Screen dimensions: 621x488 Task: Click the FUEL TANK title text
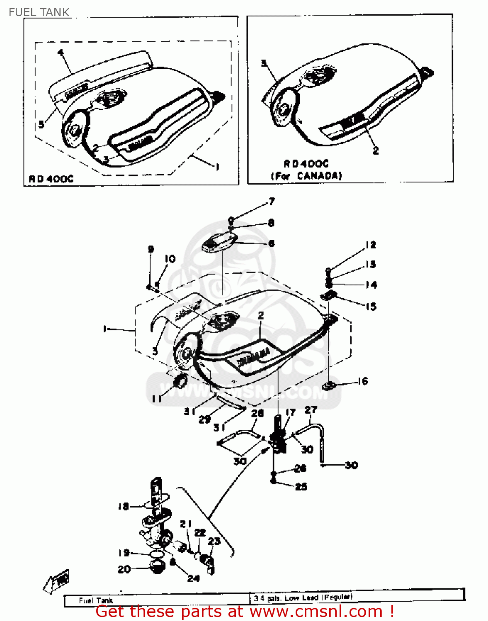pyautogui.click(x=39, y=12)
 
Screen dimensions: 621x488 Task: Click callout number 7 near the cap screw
pyautogui.click(x=272, y=202)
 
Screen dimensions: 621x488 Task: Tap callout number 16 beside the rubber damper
pyautogui.click(x=363, y=381)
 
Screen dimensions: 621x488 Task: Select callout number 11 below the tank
pyautogui.click(x=156, y=399)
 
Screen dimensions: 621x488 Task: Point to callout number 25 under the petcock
pyautogui.click(x=301, y=487)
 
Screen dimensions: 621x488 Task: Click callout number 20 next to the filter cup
pyautogui.click(x=124, y=570)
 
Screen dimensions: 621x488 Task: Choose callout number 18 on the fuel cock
pyautogui.click(x=123, y=506)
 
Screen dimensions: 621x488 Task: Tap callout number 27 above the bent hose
pyautogui.click(x=311, y=410)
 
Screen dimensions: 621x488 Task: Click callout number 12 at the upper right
pyautogui.click(x=370, y=245)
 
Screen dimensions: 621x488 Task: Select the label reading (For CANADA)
pyautogui.click(x=306, y=176)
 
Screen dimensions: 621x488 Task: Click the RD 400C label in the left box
pyautogui.click(x=51, y=179)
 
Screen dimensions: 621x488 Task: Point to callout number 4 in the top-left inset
pyautogui.click(x=61, y=52)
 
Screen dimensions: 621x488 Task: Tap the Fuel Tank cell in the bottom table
pyautogui.click(x=96, y=600)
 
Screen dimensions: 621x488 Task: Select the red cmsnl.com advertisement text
pyautogui.click(x=245, y=611)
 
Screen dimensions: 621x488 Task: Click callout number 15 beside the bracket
pyautogui.click(x=371, y=306)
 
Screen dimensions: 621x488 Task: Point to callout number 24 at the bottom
pyautogui.click(x=193, y=578)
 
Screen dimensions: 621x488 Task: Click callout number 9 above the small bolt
pyautogui.click(x=151, y=249)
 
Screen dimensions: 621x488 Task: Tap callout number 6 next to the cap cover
pyautogui.click(x=271, y=243)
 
